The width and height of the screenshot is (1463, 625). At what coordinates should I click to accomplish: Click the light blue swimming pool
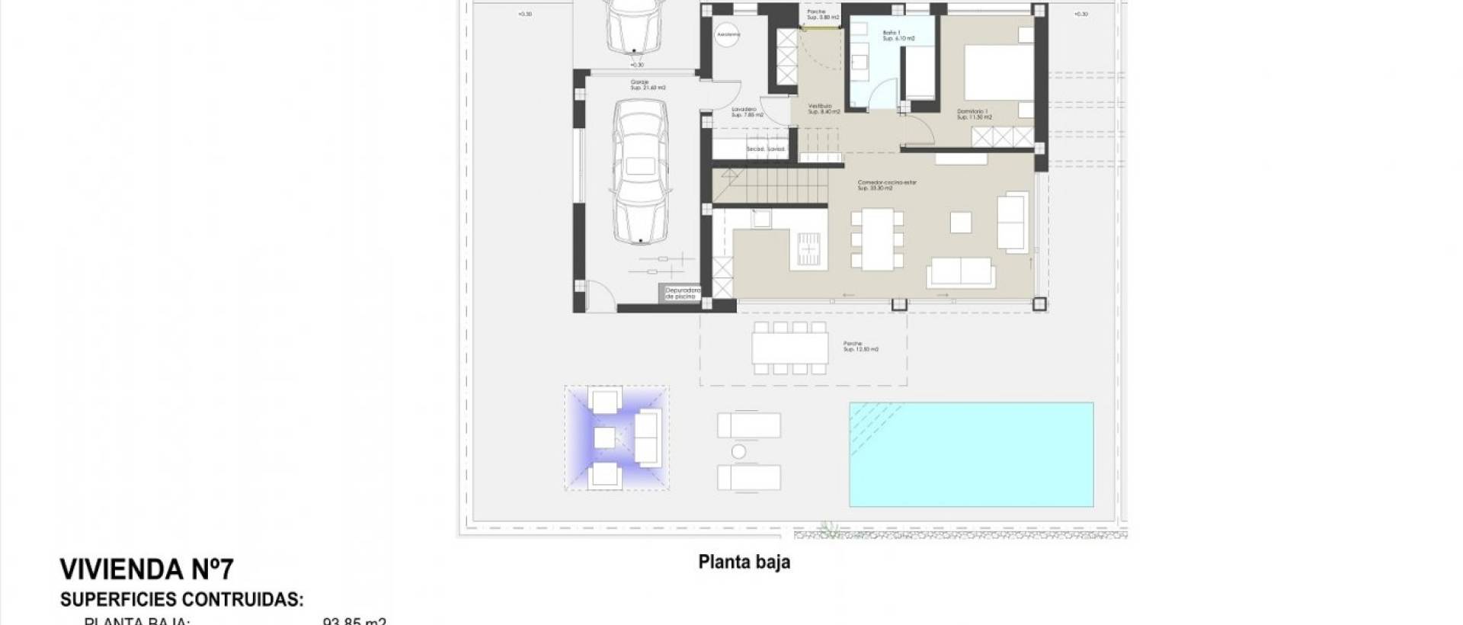972,454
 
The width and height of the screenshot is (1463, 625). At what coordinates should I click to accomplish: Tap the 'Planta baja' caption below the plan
744,562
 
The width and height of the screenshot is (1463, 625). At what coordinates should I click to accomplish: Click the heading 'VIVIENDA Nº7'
146,569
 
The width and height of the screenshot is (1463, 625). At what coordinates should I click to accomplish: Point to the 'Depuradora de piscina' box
680,293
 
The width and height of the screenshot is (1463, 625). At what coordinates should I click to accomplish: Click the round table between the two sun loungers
738,452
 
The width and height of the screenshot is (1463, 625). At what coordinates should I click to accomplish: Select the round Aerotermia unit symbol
724,37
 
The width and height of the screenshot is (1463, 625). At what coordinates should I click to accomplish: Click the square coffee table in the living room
961,221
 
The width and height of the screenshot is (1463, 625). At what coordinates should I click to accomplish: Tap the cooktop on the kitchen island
806,245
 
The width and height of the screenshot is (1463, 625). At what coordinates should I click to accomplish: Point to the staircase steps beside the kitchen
770,187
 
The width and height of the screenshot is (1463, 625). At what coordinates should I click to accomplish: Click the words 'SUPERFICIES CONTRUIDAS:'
181,600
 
